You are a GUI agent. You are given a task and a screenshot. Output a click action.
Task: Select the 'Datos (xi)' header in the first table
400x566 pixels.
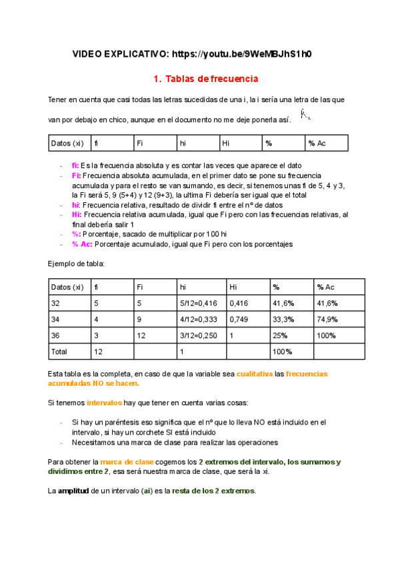click(67, 143)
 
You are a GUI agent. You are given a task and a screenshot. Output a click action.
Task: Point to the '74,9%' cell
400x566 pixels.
click(327, 320)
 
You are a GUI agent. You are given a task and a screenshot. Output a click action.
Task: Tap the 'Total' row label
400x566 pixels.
click(61, 351)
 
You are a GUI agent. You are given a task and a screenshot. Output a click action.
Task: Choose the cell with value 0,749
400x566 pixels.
click(239, 320)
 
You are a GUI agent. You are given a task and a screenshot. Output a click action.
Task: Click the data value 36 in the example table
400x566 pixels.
click(57, 336)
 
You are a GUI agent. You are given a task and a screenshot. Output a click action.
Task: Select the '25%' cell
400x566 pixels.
click(279, 336)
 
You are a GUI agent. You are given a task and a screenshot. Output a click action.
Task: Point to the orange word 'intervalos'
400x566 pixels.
click(105, 403)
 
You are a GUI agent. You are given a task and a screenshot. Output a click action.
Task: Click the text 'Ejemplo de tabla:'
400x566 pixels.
click(77, 264)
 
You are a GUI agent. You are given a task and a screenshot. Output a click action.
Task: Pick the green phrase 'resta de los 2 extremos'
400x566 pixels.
click(213, 491)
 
